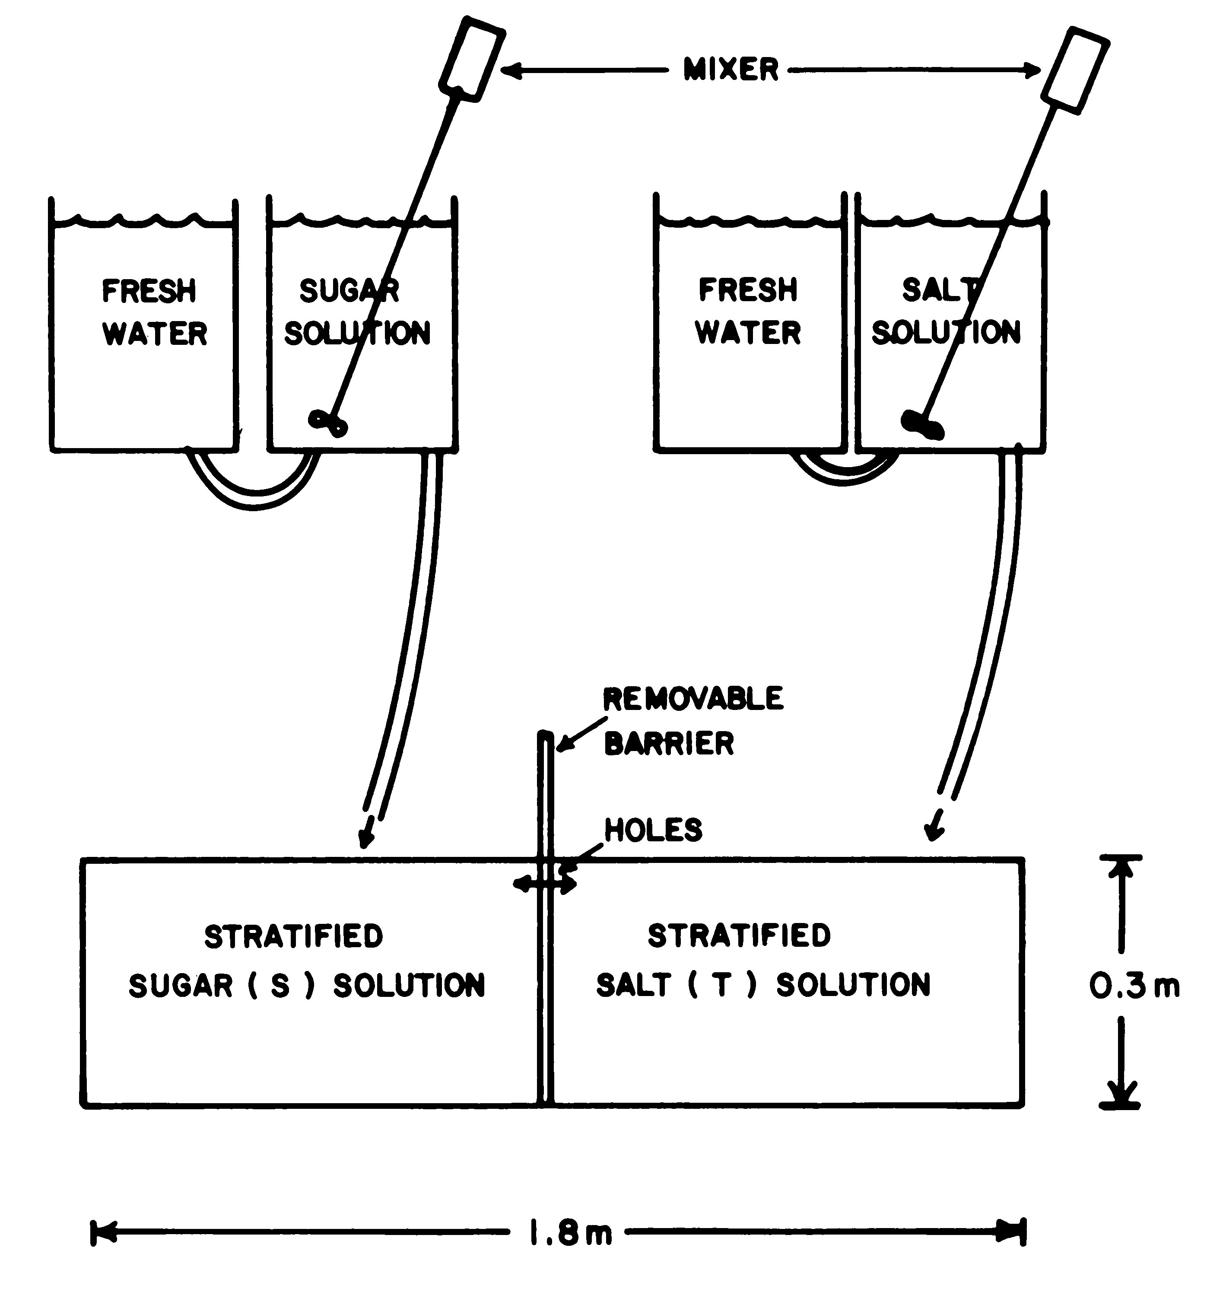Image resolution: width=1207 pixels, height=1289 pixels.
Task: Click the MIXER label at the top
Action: (x=731, y=70)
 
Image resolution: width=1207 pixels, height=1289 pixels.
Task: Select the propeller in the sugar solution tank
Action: (x=328, y=423)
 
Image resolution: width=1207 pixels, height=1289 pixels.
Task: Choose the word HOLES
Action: (x=653, y=830)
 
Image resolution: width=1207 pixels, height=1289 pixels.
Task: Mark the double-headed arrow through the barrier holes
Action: (x=544, y=883)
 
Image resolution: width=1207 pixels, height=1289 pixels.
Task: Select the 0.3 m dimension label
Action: (x=1134, y=986)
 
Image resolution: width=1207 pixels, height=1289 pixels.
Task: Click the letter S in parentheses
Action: (x=280, y=986)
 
